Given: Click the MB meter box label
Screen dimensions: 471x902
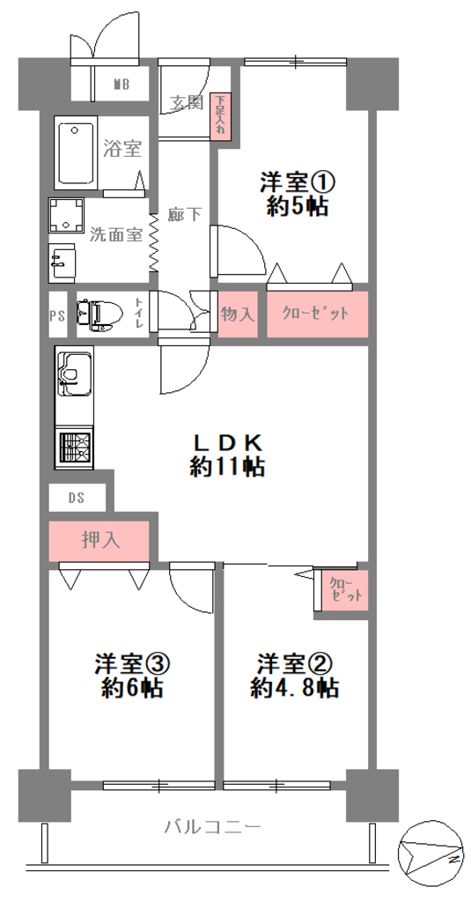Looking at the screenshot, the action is coord(121,85).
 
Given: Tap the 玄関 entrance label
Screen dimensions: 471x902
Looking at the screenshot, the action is coord(187,103).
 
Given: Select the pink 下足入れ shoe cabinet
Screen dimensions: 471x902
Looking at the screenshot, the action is coord(220,117).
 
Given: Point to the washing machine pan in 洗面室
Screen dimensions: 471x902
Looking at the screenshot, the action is coord(65,215).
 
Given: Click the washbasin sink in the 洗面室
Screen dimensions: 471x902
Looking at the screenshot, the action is coord(63,262).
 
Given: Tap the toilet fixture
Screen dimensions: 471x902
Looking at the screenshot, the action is coord(99,314).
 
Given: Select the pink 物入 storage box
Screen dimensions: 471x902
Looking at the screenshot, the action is coord(238,314).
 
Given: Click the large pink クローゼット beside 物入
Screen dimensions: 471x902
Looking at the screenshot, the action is coord(317,314).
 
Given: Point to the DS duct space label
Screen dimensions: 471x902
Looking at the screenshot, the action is coord(77,499).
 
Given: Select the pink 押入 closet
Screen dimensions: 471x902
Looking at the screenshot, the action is coord(99,541).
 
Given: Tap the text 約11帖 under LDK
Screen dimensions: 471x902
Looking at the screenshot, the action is coord(228,467).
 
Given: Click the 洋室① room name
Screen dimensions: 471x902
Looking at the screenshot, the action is coord(297,184).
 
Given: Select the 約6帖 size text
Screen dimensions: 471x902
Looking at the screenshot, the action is coord(132,687).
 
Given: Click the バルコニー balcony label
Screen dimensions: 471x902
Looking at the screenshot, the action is coord(213,827).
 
